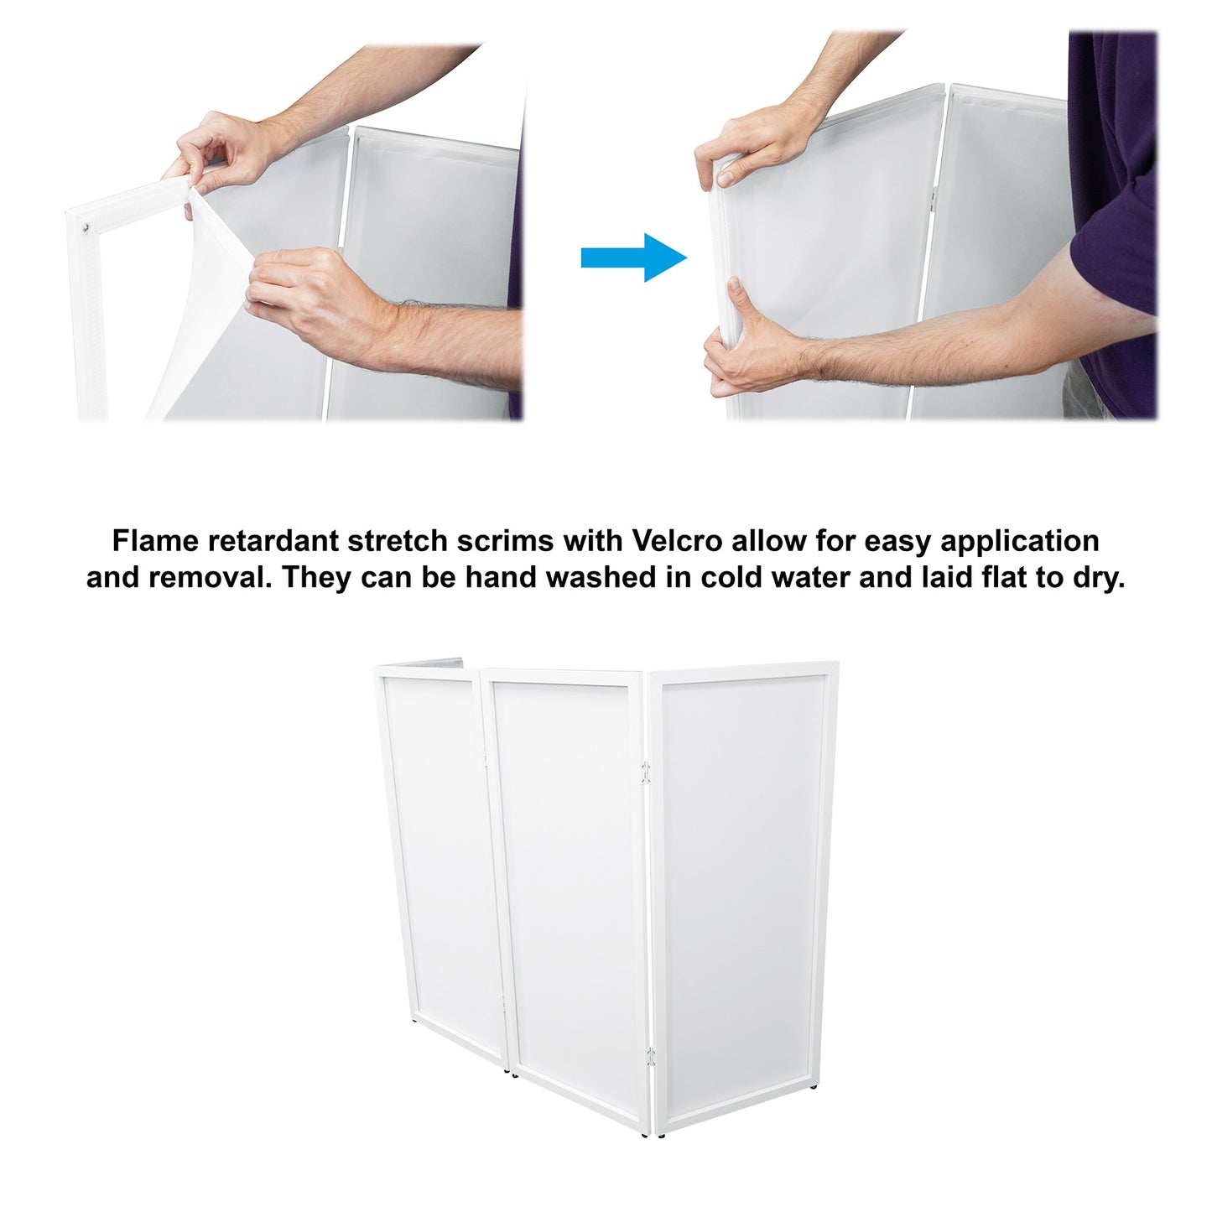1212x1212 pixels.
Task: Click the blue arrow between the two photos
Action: point(633,257)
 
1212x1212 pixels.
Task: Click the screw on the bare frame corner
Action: point(86,227)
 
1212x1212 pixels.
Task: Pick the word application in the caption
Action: point(1020,542)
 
